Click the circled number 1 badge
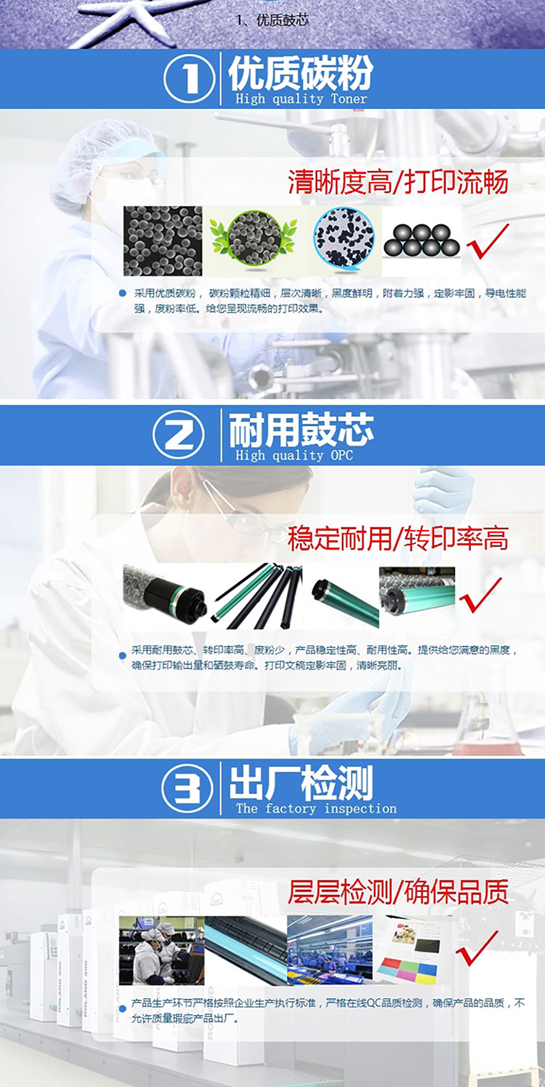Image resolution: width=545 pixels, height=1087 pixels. point(189,79)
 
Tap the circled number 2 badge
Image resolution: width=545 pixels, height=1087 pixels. point(179,436)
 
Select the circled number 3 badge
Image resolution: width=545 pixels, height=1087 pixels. point(187,789)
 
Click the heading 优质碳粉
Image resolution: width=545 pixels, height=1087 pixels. point(301,72)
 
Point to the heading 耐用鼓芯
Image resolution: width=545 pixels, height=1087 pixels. point(301,430)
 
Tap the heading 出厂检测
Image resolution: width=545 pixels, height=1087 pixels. point(301,783)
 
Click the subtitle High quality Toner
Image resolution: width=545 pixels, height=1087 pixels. point(301,99)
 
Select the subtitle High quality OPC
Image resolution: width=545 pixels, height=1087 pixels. point(294,456)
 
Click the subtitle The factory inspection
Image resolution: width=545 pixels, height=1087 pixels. point(316,809)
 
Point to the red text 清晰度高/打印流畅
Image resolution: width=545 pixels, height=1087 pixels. point(398,182)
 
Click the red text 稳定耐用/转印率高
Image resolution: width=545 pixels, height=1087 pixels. point(398,538)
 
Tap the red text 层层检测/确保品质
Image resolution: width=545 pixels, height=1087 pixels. point(398,892)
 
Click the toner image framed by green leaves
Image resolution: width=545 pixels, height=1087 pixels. point(253,241)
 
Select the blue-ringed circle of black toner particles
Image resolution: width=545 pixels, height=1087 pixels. point(344,238)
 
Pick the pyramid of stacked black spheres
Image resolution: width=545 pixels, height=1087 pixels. point(421,241)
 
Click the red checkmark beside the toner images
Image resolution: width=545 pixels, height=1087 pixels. point(487,241)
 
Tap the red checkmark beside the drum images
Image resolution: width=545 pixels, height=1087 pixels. point(480,595)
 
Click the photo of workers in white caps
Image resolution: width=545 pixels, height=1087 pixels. point(162,950)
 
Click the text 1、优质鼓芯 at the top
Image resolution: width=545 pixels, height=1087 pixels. point(272,20)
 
